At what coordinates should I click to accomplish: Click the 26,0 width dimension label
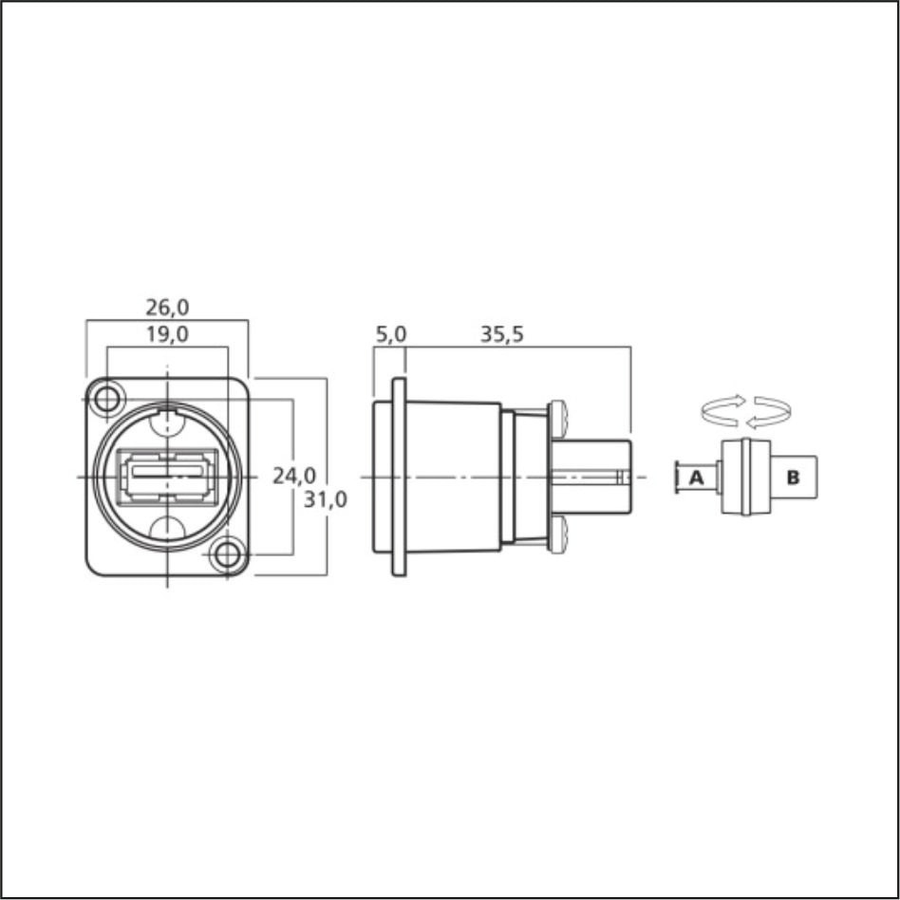point(167,308)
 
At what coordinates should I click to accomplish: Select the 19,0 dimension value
point(167,334)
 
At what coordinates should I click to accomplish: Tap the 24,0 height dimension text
point(294,476)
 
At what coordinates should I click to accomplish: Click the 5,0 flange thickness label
point(390,334)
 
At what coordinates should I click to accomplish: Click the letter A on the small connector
point(696,478)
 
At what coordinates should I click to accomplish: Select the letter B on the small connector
point(793,477)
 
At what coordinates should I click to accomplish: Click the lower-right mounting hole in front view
point(227,554)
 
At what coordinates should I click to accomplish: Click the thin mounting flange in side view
point(399,476)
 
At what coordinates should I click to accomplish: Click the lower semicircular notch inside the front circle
point(168,530)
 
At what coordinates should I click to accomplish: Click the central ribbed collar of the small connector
point(746,477)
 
